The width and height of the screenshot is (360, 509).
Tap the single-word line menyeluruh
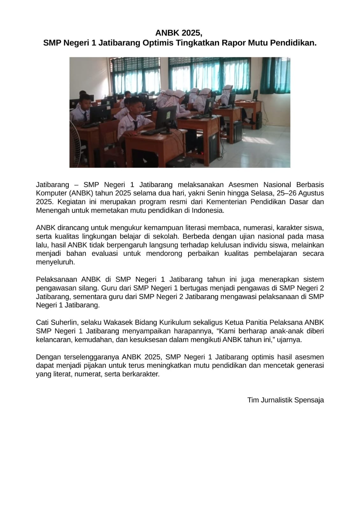(x=55, y=262)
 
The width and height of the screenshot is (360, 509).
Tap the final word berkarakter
(x=142, y=374)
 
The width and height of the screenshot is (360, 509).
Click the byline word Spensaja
(x=309, y=400)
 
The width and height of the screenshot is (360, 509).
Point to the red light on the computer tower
(x=201, y=154)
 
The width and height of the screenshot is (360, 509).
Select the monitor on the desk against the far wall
(x=255, y=95)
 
